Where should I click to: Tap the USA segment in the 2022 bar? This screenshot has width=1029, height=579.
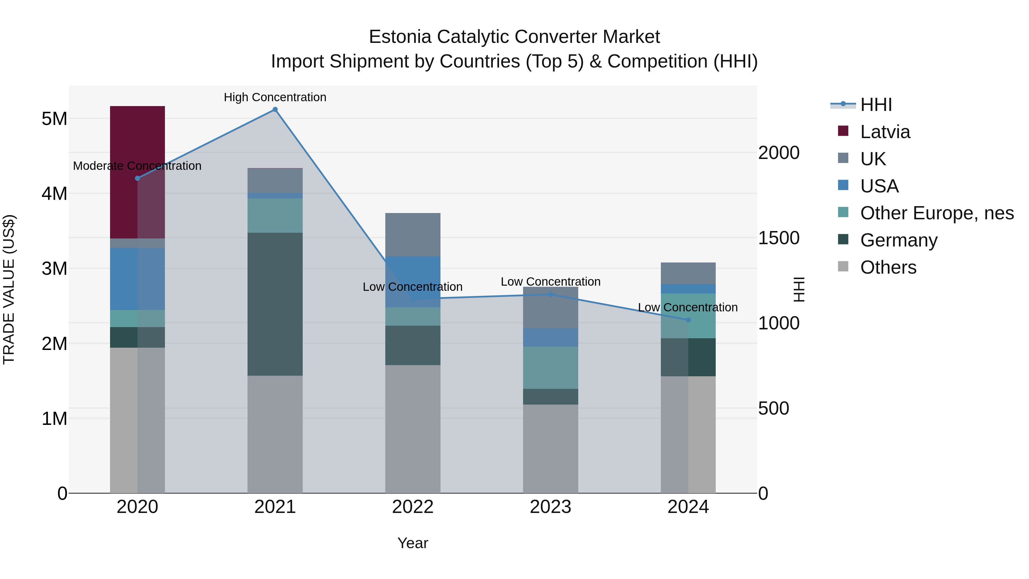[413, 281]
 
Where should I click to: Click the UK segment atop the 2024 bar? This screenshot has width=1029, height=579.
[688, 273]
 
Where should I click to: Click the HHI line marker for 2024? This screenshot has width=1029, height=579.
[688, 320]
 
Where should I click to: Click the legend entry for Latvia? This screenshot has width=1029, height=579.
[885, 132]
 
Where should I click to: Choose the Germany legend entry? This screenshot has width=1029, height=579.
[898, 240]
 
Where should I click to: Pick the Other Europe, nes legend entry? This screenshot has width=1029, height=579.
[936, 213]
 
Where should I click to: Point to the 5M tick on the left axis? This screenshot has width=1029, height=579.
[54, 119]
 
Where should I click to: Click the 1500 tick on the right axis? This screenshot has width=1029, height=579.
[779, 238]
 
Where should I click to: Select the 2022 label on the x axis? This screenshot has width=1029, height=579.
[413, 507]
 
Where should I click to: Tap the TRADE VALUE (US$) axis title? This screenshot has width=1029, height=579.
[9, 289]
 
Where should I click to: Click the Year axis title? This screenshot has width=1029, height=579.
[413, 543]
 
